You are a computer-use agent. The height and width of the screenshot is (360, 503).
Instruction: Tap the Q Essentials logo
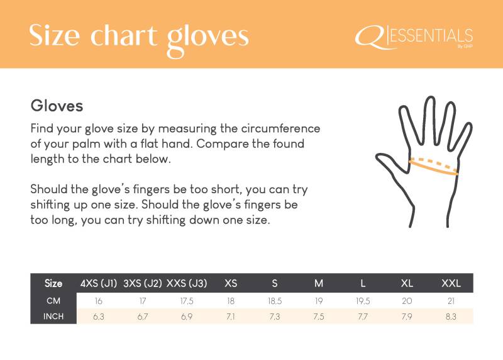pyautogui.click(x=414, y=38)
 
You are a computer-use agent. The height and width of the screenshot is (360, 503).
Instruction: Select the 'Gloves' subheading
pyautogui.click(x=57, y=106)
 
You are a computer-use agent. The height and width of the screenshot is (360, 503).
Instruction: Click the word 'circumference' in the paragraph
pyautogui.click(x=280, y=128)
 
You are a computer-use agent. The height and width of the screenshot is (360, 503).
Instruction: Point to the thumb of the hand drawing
pyautogui.click(x=390, y=163)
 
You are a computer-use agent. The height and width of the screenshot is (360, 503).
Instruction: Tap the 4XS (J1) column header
pyautogui.click(x=99, y=283)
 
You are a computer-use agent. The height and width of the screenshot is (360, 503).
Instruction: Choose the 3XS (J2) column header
pyautogui.click(x=143, y=283)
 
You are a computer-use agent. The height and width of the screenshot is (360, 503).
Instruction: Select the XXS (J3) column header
pyautogui.click(x=187, y=283)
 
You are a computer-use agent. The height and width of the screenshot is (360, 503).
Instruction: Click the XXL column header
pyautogui.click(x=451, y=283)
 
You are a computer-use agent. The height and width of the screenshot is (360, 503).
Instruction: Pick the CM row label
pyautogui.click(x=53, y=301)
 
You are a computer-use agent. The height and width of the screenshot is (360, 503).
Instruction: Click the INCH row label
pyautogui.click(x=53, y=317)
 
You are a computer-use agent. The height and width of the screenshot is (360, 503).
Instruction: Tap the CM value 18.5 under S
pyautogui.click(x=275, y=301)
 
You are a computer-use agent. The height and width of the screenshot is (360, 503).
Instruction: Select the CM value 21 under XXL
pyautogui.click(x=451, y=301)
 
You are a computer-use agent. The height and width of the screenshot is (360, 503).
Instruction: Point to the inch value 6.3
pyautogui.click(x=99, y=317)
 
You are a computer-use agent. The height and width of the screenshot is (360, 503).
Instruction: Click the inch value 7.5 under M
pyautogui.click(x=319, y=317)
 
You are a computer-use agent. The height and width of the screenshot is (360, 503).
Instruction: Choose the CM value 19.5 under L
pyautogui.click(x=363, y=301)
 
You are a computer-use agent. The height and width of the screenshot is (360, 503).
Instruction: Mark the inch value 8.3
pyautogui.click(x=451, y=317)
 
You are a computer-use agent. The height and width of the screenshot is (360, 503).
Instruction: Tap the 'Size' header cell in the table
pyautogui.click(x=53, y=283)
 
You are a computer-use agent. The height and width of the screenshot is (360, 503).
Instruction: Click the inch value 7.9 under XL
pyautogui.click(x=407, y=317)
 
